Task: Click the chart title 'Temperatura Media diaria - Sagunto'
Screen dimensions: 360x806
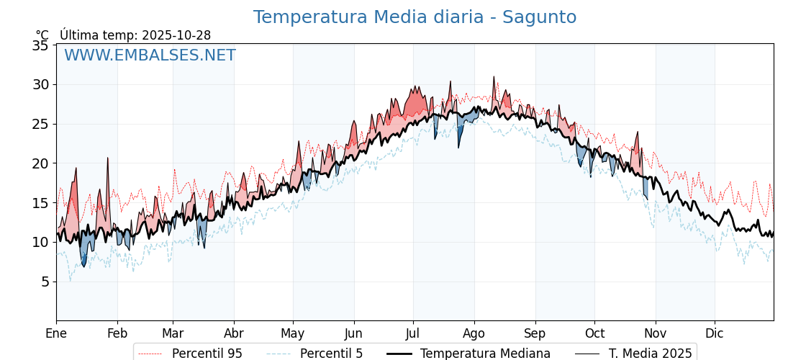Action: pyautogui.click(x=415, y=17)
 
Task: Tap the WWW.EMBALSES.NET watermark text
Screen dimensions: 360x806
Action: pyautogui.click(x=150, y=55)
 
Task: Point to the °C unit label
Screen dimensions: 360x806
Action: pyautogui.click(x=42, y=35)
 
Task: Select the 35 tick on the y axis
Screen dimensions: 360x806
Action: pyautogui.click(x=40, y=45)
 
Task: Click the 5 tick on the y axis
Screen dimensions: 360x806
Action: pyautogui.click(x=45, y=282)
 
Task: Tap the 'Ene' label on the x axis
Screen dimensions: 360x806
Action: pyautogui.click(x=56, y=333)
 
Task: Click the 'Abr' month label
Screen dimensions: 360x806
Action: pyautogui.click(x=234, y=333)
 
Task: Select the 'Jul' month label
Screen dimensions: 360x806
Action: pyautogui.click(x=413, y=333)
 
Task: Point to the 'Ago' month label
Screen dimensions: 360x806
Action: pyautogui.click(x=474, y=333)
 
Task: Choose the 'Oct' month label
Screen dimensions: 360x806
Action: pyautogui.click(x=594, y=333)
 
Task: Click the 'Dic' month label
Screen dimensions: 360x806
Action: pyautogui.click(x=715, y=333)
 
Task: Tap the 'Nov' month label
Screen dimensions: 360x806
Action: pyautogui.click(x=656, y=333)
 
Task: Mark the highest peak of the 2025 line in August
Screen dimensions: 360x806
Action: pyautogui.click(x=494, y=77)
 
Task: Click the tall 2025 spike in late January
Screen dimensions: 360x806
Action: pyautogui.click(x=108, y=158)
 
